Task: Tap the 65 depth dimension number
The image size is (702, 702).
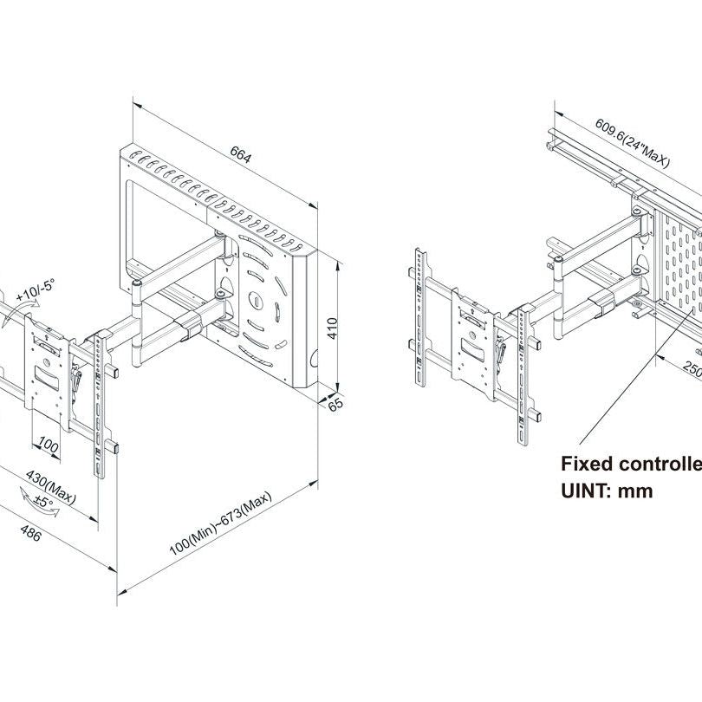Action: pos(336,404)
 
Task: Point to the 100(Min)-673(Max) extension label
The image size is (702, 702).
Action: pos(221,523)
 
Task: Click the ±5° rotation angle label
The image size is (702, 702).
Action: pos(43,502)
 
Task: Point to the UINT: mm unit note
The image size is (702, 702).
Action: pos(607,491)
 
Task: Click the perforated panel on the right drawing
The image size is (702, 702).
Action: pos(680,269)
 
